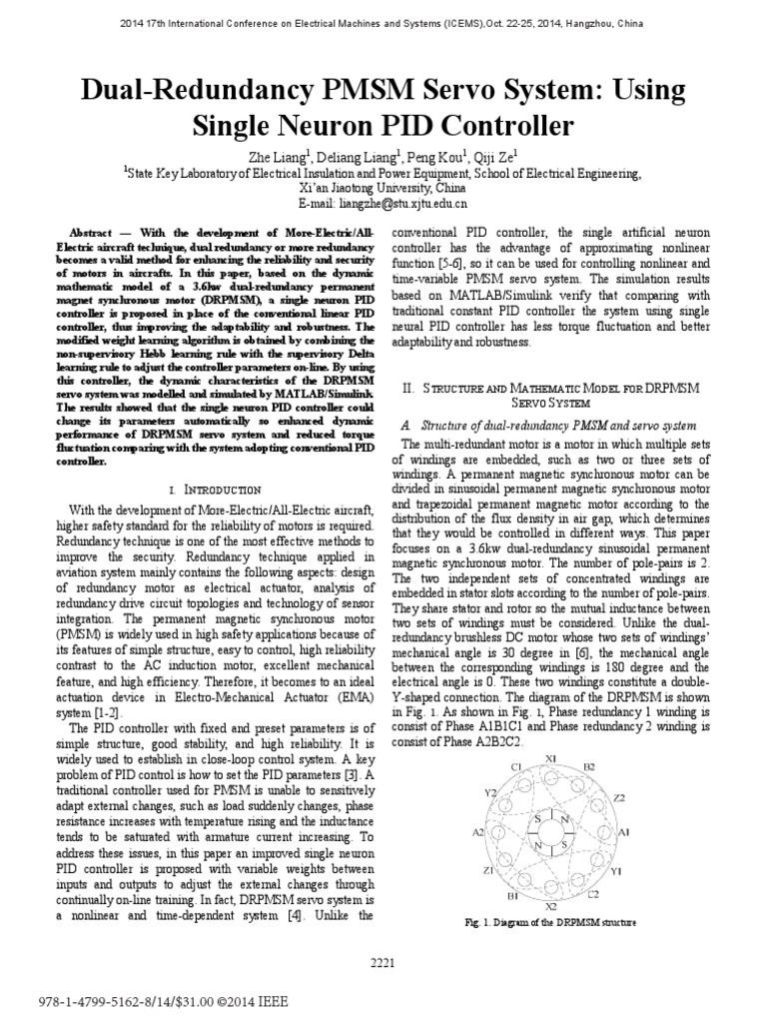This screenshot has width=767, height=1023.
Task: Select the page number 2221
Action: [383, 962]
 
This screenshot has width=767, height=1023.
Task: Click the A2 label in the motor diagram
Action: [477, 831]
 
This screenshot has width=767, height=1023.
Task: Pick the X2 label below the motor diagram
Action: [551, 905]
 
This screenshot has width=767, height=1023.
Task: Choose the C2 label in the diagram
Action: [593, 894]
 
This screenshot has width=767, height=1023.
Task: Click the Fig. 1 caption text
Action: [550, 923]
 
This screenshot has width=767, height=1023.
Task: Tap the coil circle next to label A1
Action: [605, 831]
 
